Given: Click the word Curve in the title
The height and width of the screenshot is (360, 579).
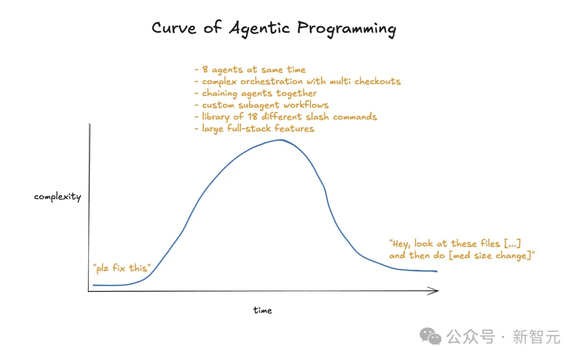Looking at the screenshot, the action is (x=174, y=28).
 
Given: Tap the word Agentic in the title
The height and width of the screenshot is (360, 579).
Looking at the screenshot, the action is (x=259, y=28).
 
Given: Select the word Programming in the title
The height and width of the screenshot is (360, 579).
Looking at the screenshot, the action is (x=346, y=29).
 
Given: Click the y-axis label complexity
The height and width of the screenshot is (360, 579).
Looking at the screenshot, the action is (x=57, y=197).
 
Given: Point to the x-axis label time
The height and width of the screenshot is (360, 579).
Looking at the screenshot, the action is (x=263, y=310).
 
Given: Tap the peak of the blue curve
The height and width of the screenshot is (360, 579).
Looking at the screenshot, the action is (x=280, y=140).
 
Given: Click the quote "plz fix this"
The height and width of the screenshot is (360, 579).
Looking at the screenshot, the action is (x=122, y=268).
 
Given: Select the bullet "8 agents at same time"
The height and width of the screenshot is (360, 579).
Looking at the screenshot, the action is (x=250, y=69).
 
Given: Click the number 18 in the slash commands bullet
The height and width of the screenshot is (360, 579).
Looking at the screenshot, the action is (x=253, y=117).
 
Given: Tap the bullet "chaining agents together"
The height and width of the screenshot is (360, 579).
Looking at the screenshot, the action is (x=256, y=93).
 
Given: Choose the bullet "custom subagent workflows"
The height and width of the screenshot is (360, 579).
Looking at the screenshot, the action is (x=262, y=105).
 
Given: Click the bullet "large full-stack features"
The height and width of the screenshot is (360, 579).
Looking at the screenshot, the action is (x=255, y=129).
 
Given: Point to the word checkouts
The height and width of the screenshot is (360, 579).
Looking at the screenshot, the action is (x=378, y=81).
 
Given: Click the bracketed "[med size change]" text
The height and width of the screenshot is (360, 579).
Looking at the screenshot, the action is (x=491, y=255).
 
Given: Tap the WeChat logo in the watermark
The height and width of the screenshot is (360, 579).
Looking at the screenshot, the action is (x=430, y=336).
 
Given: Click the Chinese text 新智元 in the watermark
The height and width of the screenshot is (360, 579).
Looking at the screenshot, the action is (x=536, y=337).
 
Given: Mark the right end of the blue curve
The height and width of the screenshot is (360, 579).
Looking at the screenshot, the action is (x=437, y=271).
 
